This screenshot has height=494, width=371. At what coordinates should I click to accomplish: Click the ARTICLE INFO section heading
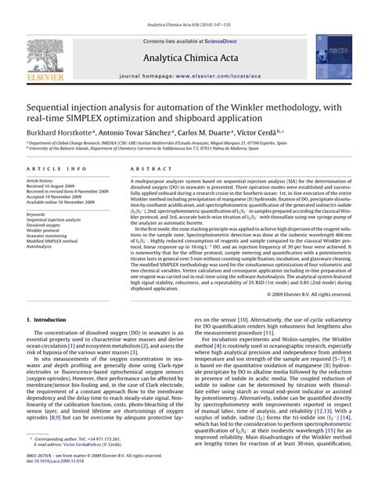56,169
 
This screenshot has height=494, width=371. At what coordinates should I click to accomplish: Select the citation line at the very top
185,7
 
